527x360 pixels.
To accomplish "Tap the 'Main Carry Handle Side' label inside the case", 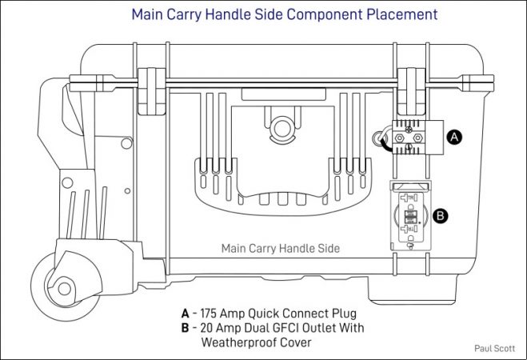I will (280, 249).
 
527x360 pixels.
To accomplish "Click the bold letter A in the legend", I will (186, 313).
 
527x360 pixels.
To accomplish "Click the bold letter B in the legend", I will (186, 328).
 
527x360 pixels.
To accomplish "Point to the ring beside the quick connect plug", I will (380, 139).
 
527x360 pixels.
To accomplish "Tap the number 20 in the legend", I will (207, 328).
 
